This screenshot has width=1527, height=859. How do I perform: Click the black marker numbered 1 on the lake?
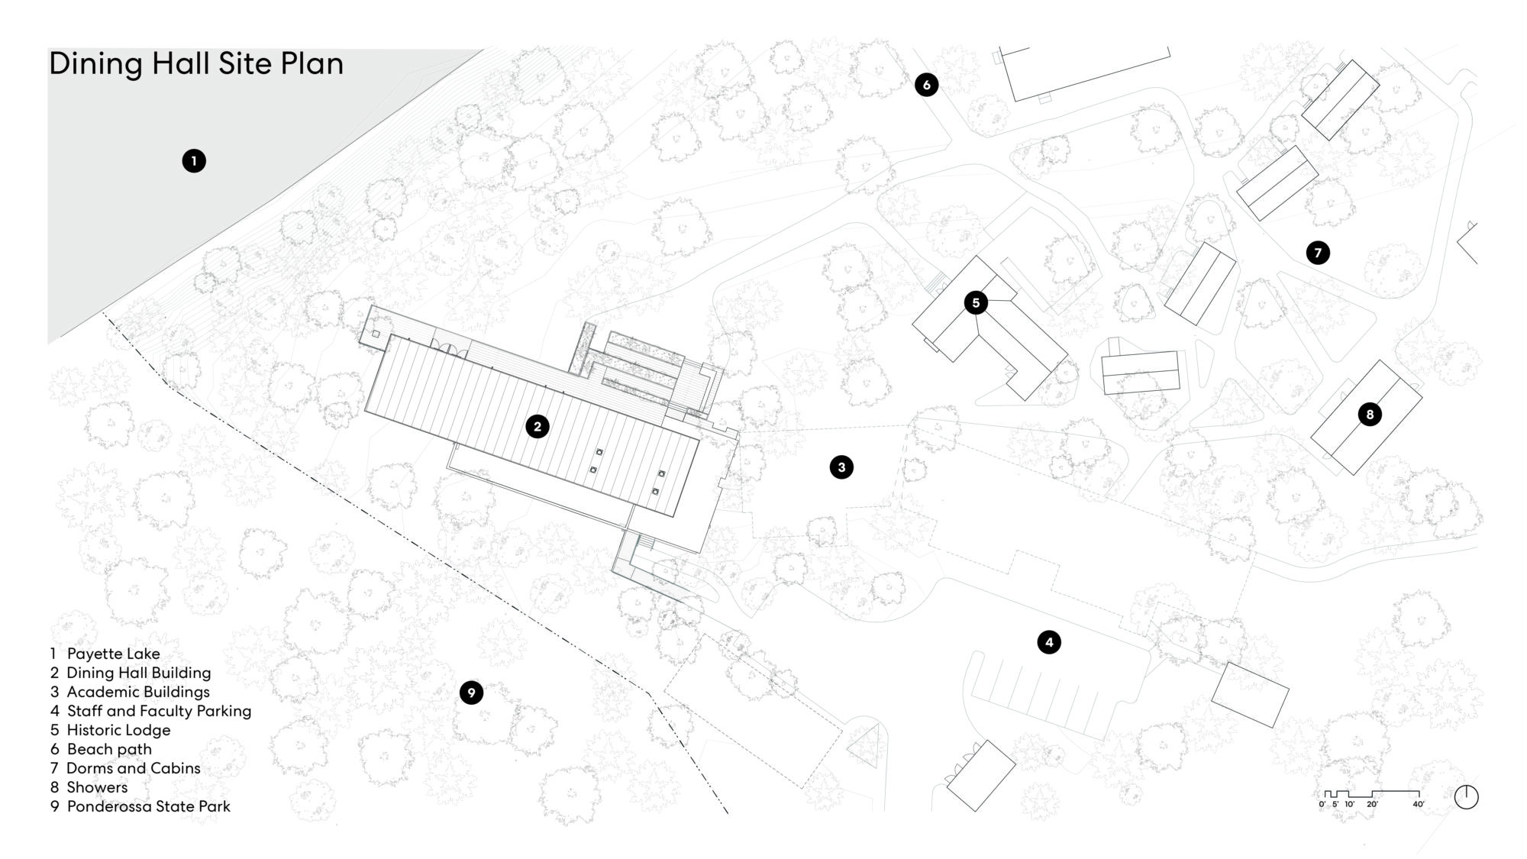194,161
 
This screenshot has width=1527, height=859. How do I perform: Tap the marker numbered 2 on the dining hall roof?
538,427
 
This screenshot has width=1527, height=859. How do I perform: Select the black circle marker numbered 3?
841,467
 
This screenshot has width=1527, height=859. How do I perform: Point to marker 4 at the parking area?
1049,642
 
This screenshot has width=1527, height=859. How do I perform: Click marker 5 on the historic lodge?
976,303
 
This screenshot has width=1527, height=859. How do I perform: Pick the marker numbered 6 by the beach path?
927,85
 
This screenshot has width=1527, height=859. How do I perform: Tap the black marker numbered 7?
1318,253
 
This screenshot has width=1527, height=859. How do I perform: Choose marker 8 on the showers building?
1370,415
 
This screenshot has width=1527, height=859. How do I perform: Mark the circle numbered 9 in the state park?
472,693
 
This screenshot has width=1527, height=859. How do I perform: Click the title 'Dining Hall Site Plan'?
196,64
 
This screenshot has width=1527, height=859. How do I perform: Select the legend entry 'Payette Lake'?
114,654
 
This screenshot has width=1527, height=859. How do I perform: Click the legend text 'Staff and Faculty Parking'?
160,711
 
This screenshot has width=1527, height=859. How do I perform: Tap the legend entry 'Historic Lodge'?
119,730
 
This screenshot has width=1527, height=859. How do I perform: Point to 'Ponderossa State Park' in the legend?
149,806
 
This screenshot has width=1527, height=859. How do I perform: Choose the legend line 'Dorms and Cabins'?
134,768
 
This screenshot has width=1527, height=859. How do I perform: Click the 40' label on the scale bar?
1419,804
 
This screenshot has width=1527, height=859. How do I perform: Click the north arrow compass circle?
1467,797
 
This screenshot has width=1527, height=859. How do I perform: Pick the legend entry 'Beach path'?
109,749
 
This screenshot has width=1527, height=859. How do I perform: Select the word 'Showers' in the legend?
97,787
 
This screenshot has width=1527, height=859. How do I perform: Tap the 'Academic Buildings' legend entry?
138,692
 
